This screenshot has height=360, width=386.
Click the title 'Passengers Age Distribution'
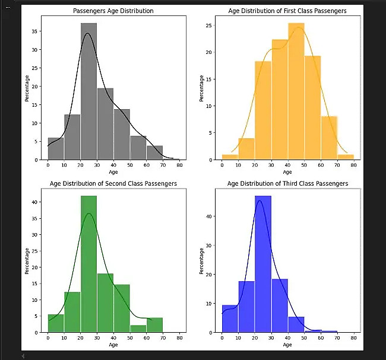click(113, 11)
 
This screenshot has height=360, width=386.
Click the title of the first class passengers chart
click(287, 11)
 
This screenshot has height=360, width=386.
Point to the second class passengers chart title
click(113, 184)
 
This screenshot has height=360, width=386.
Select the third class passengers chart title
click(287, 184)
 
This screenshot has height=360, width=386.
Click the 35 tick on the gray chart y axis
click(40, 31)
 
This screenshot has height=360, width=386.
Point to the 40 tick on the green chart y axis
click(40, 202)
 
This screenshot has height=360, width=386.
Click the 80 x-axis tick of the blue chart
click(353, 337)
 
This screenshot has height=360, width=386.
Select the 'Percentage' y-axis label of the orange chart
click(202, 88)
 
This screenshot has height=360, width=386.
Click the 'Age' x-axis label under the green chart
click(113, 345)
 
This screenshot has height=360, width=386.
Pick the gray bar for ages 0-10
click(56, 149)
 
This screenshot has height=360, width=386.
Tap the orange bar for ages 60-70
click(329, 138)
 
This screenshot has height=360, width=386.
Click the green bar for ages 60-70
click(154, 326)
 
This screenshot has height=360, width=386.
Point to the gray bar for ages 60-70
click(154, 153)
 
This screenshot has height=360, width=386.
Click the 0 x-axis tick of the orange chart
click(222, 165)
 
